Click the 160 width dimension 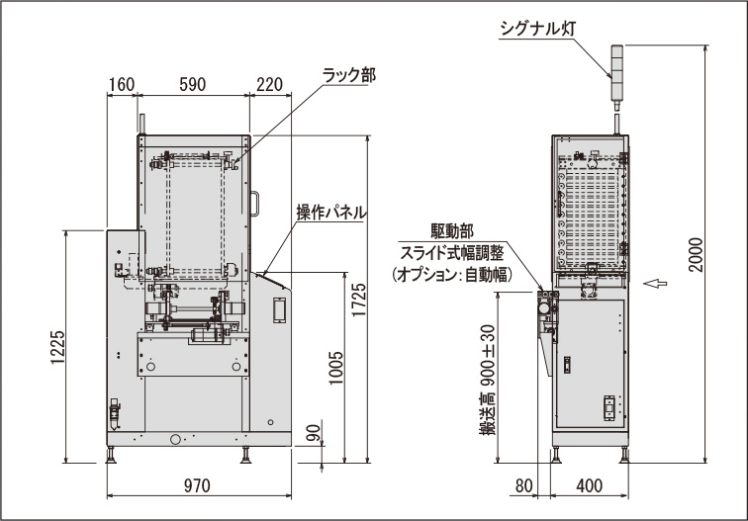(x=121, y=85)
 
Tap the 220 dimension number (x=269, y=85)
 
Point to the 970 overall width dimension (x=198, y=485)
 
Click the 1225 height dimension (x=56, y=347)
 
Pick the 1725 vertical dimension (x=358, y=301)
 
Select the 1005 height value (x=335, y=369)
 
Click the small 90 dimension (x=314, y=433)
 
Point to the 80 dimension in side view (x=524, y=485)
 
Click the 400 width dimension (x=589, y=485)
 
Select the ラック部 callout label (x=348, y=75)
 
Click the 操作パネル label (x=331, y=212)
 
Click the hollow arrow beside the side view (x=653, y=285)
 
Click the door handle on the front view (x=254, y=202)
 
